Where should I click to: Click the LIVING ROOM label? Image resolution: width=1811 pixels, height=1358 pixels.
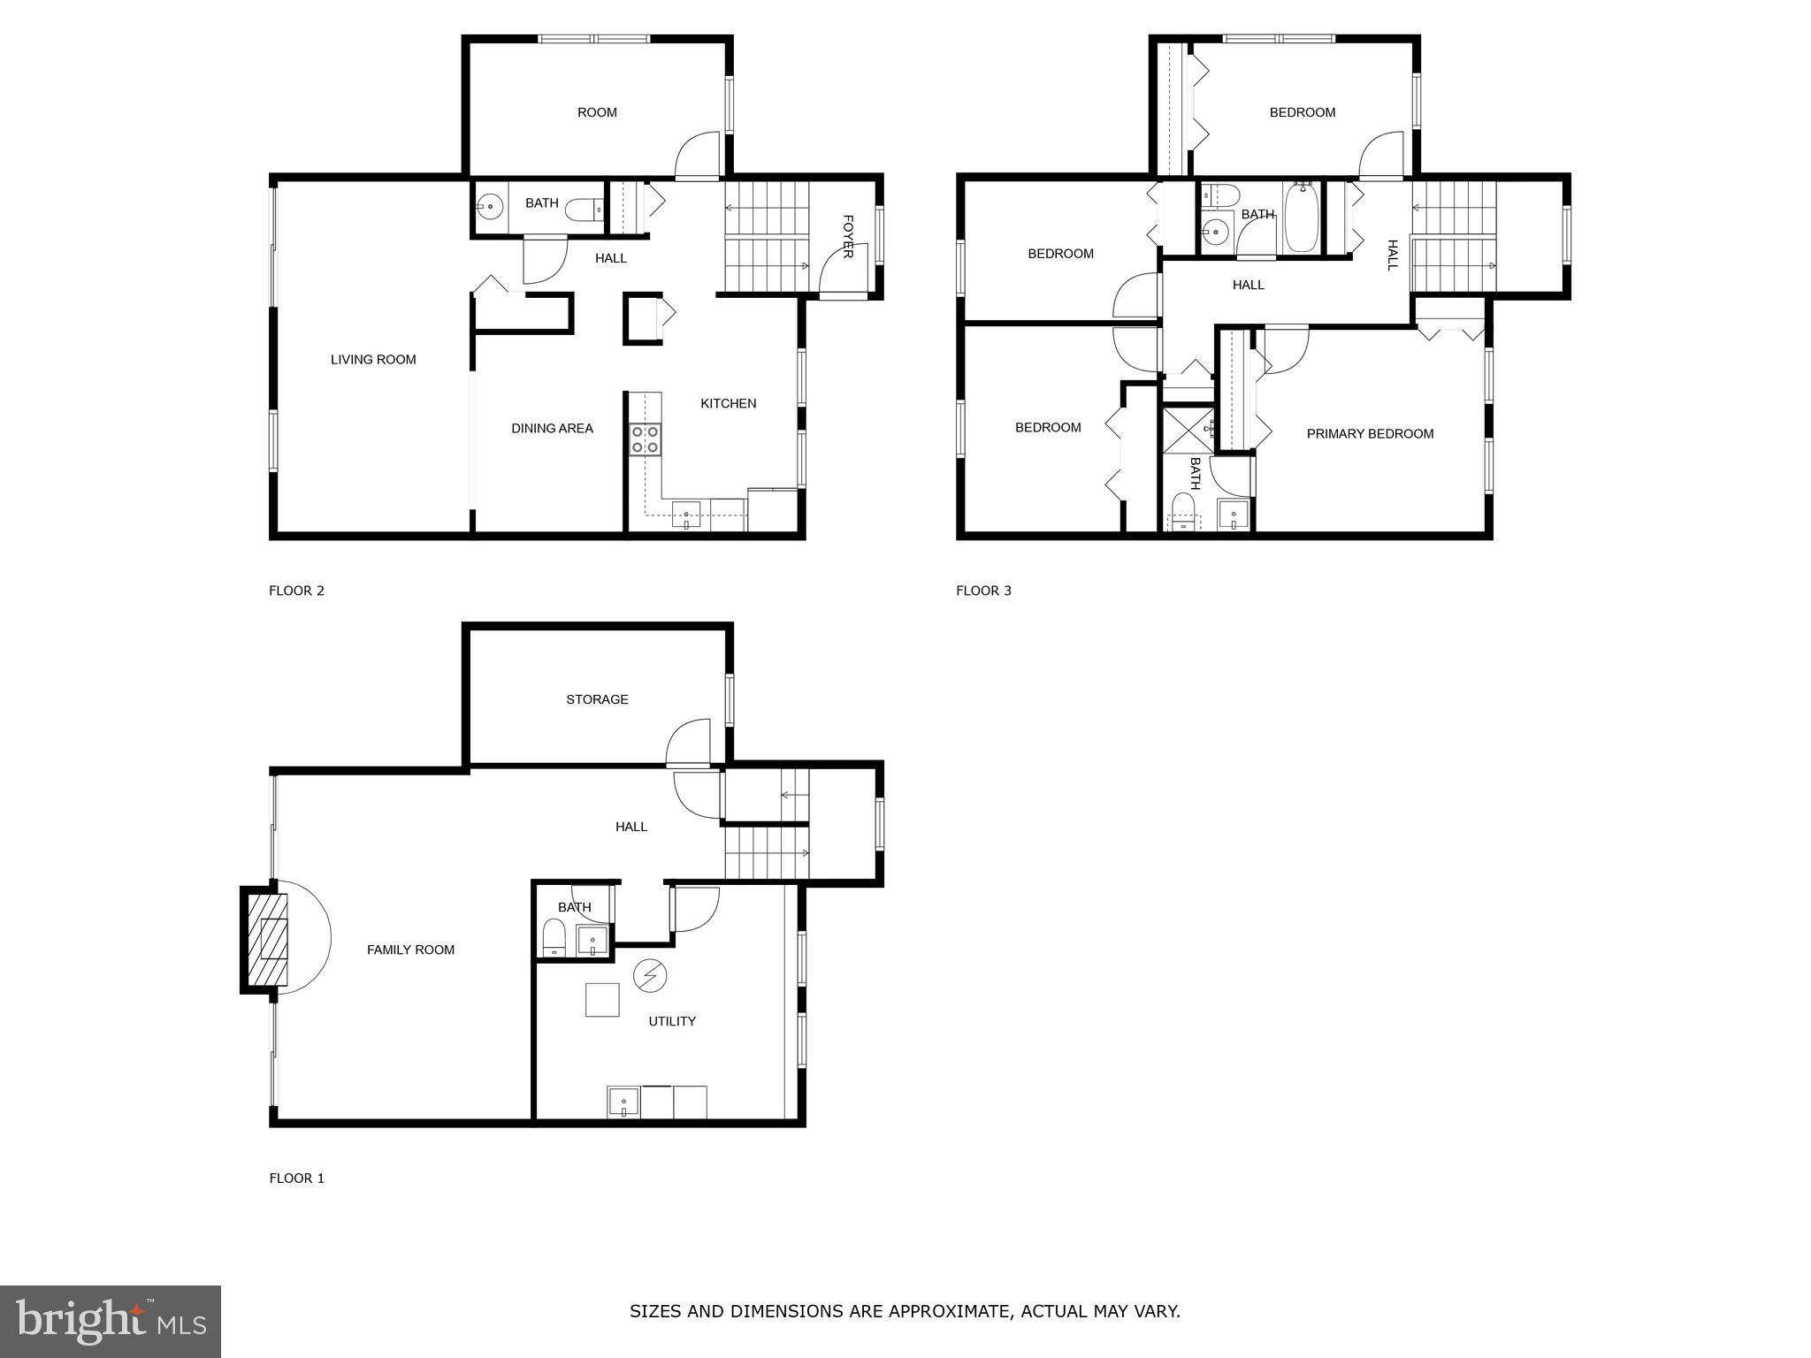(373, 360)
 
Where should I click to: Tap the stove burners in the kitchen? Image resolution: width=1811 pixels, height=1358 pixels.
(645, 439)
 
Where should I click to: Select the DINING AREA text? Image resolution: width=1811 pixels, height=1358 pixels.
(552, 429)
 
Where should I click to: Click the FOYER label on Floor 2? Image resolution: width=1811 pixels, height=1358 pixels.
(847, 236)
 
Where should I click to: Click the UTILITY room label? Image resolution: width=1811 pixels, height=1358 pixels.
(672, 1021)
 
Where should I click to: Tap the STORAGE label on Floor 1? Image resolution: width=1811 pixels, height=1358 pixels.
(597, 699)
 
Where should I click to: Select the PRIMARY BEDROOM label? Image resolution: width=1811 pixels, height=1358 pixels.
(1370, 434)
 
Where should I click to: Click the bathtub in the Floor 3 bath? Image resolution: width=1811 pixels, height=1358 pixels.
(1302, 217)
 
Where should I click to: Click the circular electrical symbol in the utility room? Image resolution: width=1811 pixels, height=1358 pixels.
(651, 975)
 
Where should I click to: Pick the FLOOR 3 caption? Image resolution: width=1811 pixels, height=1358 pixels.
(983, 591)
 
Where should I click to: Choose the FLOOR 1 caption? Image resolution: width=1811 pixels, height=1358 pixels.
(296, 1179)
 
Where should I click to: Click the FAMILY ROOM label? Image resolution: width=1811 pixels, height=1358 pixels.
(410, 950)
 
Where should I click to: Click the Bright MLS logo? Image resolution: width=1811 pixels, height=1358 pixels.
(111, 1321)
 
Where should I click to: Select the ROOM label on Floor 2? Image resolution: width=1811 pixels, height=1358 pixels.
(597, 112)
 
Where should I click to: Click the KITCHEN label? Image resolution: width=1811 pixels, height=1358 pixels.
(728, 404)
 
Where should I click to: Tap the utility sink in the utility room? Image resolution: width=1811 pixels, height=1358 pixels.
(623, 1102)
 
